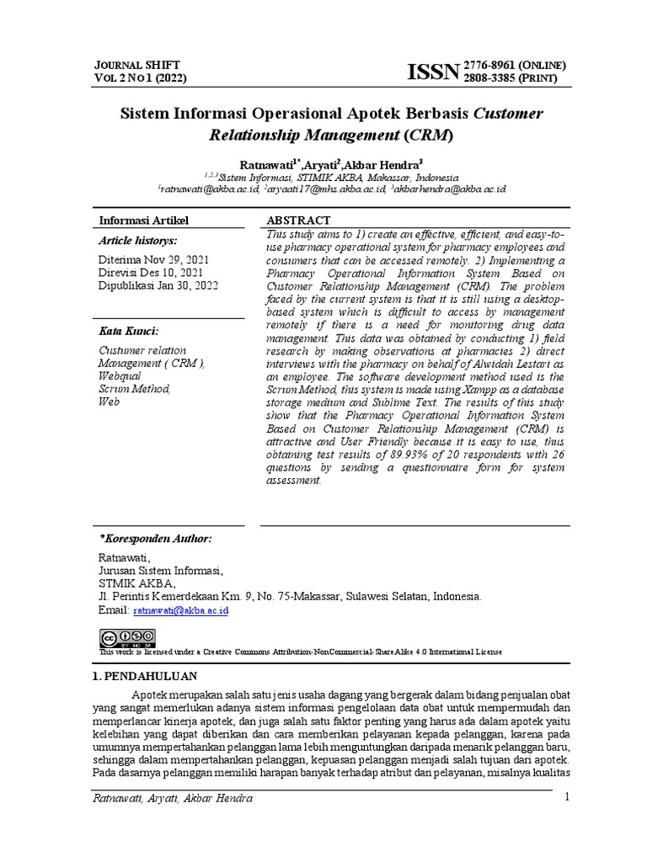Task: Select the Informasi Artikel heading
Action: [x=144, y=221]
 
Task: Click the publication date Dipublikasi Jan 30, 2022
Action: [x=158, y=285]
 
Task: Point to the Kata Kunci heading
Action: [x=129, y=331]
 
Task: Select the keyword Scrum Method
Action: [x=135, y=389]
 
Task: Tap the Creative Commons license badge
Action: [x=127, y=637]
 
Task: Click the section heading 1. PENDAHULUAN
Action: [x=143, y=676]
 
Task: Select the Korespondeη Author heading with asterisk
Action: [x=156, y=539]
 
